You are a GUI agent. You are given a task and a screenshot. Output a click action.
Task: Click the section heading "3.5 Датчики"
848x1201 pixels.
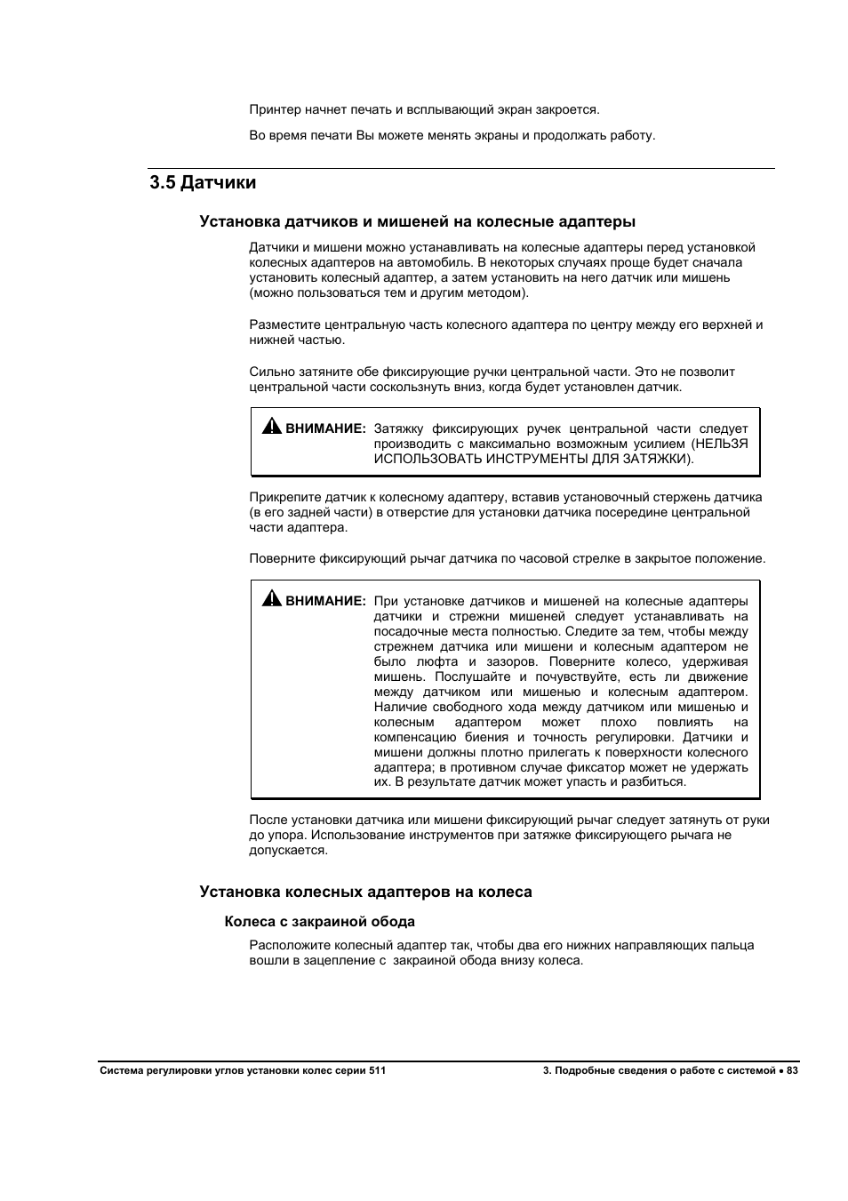pos(203,183)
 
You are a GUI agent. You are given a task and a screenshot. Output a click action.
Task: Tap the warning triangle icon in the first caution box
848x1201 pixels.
pos(271,427)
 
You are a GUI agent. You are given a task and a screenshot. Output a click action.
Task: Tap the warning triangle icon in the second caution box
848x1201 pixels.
pos(271,599)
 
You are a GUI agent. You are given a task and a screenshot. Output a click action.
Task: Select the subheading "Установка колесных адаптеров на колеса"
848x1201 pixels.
pos(365,892)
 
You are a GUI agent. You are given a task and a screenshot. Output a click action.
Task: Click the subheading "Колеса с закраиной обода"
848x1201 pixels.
pos(319,922)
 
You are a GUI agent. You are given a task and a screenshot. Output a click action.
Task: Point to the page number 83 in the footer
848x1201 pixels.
pos(793,1071)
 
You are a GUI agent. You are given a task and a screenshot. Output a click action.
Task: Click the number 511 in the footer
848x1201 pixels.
pos(377,1071)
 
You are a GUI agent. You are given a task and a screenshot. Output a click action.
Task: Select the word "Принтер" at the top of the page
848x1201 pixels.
pos(275,110)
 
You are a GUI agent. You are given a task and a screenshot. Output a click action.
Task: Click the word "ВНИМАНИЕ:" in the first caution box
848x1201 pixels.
pos(325,428)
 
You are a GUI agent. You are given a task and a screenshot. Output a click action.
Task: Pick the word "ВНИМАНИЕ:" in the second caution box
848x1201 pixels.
pos(325,601)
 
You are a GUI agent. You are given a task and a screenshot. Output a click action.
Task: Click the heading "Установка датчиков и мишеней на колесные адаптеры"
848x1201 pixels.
pos(417,221)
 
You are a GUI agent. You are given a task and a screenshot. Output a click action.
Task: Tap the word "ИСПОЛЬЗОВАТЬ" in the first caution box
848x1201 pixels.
pos(418,459)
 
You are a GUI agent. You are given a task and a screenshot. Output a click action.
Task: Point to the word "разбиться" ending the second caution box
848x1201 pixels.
pos(655,782)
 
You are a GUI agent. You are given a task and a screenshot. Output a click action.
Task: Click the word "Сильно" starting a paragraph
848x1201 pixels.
pos(269,372)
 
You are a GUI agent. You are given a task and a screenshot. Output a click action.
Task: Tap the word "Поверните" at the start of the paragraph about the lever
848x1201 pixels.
pos(282,559)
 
